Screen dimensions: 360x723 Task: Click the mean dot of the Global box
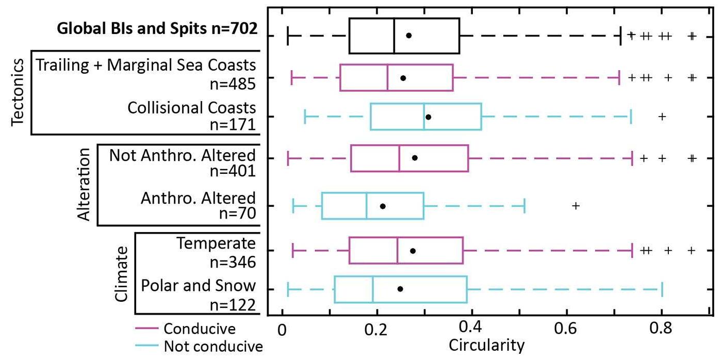click(x=408, y=36)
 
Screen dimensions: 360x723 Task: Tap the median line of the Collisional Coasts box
click(x=424, y=117)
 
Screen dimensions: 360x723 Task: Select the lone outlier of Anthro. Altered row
click(x=576, y=206)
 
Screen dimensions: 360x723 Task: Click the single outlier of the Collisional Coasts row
click(x=663, y=117)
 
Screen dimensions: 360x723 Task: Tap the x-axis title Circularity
click(x=487, y=345)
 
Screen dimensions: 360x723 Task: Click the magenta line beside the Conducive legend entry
click(x=146, y=329)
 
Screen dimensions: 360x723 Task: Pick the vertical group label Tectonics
click(x=17, y=92)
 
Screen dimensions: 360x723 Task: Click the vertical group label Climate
click(x=121, y=273)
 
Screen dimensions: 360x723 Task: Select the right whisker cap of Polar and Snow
click(x=662, y=290)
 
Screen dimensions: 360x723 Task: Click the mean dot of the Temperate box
click(x=413, y=251)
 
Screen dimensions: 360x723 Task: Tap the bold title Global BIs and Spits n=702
click(x=157, y=28)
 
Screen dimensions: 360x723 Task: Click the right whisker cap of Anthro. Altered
click(x=524, y=206)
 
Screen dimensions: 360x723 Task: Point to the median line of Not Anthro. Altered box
click(x=399, y=158)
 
